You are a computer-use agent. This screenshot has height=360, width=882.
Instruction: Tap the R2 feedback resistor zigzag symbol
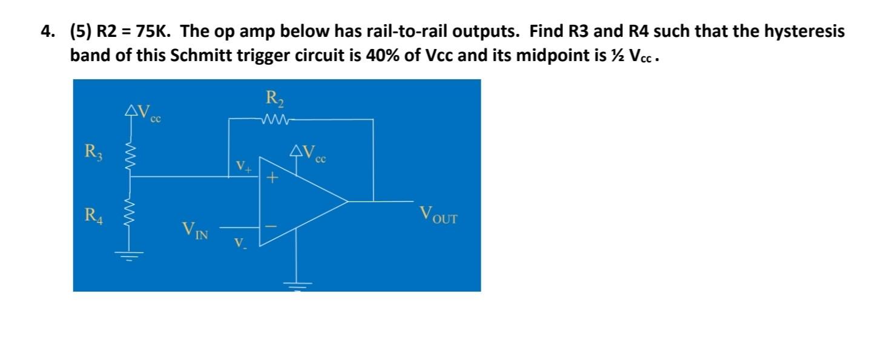click(x=277, y=119)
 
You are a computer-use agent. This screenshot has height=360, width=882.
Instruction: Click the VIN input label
click(x=195, y=231)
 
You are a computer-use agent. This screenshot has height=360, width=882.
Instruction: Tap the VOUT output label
click(x=438, y=215)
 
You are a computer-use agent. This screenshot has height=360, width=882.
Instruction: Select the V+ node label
click(x=243, y=166)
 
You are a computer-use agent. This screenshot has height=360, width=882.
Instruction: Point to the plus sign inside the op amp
click(x=272, y=178)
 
